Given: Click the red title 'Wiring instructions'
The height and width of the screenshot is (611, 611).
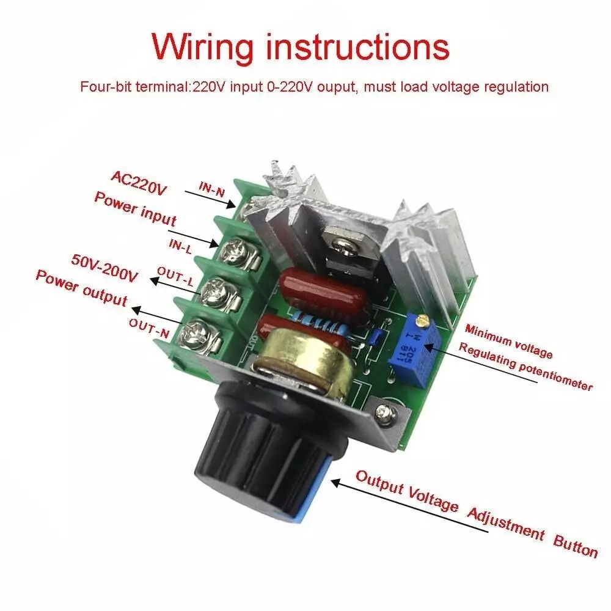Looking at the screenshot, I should tap(300, 46).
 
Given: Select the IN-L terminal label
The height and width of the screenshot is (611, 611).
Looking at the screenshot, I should tap(181, 244).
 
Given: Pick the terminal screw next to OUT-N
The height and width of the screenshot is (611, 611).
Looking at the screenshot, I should tap(196, 331).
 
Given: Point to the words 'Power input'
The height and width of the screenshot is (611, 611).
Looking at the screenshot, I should tap(134, 208).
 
